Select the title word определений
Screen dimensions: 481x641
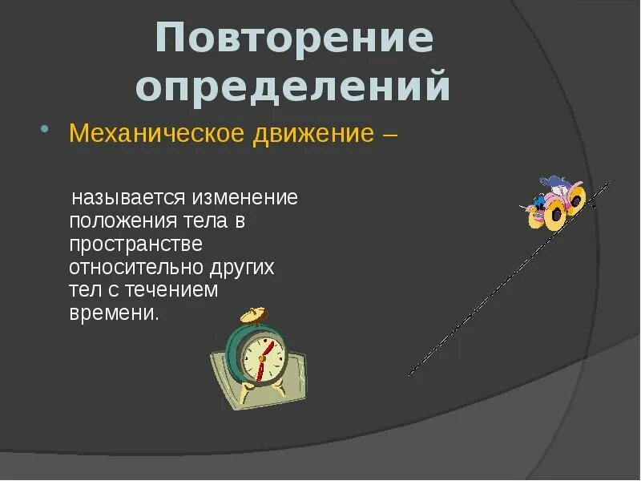click(293, 87)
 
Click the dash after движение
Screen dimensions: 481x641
click(389, 133)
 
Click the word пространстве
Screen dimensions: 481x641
click(135, 244)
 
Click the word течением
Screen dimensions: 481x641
click(174, 290)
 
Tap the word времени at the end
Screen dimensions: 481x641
click(114, 313)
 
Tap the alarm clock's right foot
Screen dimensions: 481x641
click(278, 390)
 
